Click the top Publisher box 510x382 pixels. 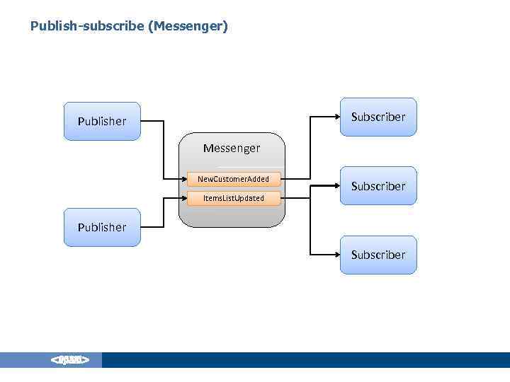102,121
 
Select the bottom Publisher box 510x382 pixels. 102,227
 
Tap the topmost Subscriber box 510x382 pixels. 378,117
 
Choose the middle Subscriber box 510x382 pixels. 378,186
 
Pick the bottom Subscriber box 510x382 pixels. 378,255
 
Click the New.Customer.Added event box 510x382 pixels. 233,179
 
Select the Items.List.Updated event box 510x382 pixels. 233,198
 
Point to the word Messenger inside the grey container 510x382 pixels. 232,149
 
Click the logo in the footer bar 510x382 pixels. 69,361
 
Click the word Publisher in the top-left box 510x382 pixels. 102,121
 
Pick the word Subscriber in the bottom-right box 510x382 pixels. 378,255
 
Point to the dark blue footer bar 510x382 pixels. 305,360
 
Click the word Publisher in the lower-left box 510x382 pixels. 102,227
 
